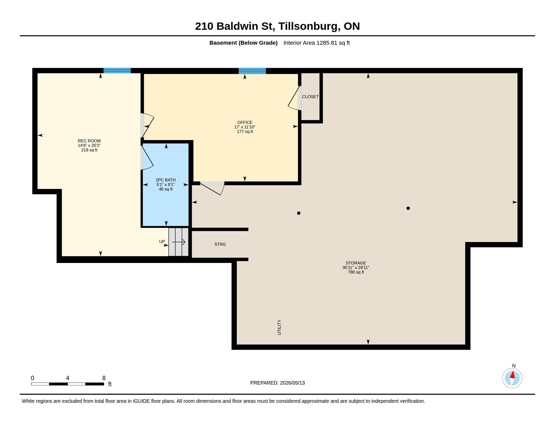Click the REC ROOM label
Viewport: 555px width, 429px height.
(x=89, y=145)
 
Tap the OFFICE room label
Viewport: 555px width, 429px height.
(x=245, y=127)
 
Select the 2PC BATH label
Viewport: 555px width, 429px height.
(x=165, y=184)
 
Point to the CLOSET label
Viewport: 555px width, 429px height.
(x=310, y=97)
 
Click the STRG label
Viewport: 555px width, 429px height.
(x=220, y=244)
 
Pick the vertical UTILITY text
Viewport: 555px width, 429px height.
(x=279, y=327)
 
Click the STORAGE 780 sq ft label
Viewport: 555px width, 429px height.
(x=356, y=267)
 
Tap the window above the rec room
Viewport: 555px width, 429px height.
(x=117, y=71)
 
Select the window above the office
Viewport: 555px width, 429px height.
(x=252, y=71)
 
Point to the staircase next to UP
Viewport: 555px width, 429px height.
(x=178, y=242)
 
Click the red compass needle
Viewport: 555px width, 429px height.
(x=513, y=375)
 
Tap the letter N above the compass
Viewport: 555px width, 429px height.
(x=514, y=366)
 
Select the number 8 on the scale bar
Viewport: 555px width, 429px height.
(x=104, y=378)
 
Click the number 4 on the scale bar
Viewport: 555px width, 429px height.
(x=68, y=378)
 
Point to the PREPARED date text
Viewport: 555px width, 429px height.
(x=277, y=383)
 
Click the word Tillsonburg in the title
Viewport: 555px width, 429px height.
(x=309, y=26)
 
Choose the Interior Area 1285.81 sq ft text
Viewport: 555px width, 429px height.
(x=317, y=43)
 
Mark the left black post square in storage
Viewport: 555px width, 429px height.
(x=299, y=213)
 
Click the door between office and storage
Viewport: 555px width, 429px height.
(x=212, y=188)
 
